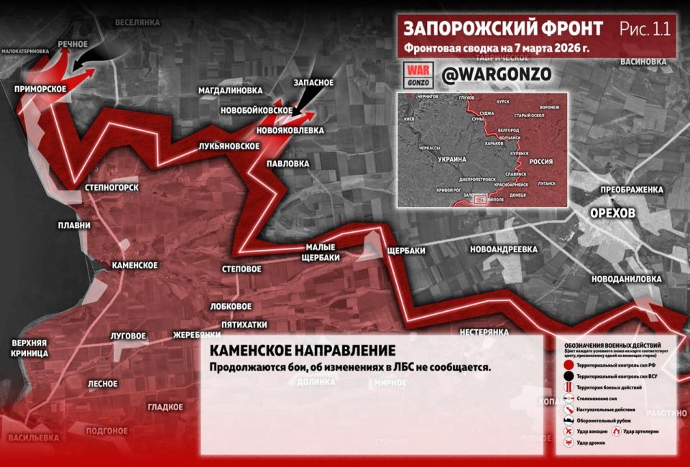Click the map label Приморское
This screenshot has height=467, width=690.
click(40, 88)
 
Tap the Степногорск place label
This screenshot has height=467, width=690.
click(111, 188)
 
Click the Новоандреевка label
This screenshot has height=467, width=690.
click(503, 249)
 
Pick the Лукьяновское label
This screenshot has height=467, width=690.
click(229, 146)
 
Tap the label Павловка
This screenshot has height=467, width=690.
click(285, 164)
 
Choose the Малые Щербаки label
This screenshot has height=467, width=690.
click(317, 252)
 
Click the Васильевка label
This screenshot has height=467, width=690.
click(33, 438)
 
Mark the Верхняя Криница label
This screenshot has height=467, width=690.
click(29, 348)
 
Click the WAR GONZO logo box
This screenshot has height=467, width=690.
click(418, 74)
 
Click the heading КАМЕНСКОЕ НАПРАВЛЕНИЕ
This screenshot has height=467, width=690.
click(302, 351)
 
